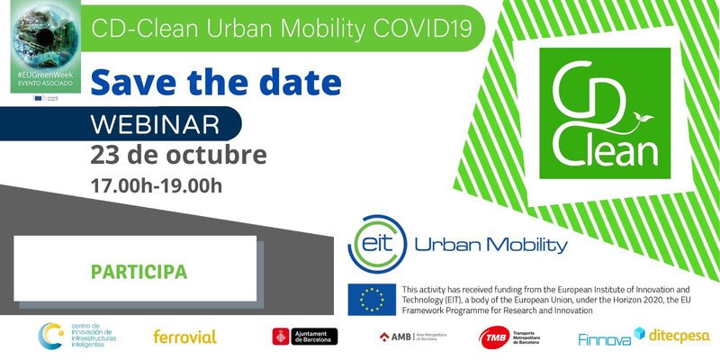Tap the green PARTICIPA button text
(139, 270)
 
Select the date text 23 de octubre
(178, 154)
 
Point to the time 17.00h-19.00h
(156, 186)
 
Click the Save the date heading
(216, 82)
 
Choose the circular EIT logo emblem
(376, 242)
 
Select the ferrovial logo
(184, 337)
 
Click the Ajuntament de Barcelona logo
(305, 337)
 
